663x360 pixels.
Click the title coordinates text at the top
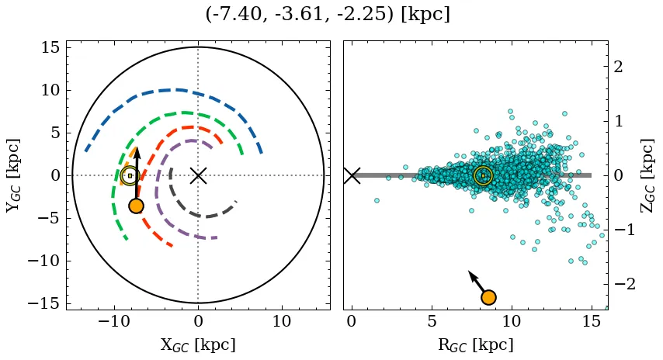[x=328, y=15]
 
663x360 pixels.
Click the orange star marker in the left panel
[x=136, y=206]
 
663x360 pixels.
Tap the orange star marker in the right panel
[x=488, y=297]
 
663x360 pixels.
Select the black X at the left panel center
[x=198, y=175]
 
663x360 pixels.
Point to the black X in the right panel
[x=352, y=175]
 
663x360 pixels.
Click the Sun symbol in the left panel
[x=130, y=175]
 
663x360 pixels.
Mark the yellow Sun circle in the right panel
[x=483, y=175]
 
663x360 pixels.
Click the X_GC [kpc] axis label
[x=198, y=344]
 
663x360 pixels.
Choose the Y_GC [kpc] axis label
[x=13, y=175]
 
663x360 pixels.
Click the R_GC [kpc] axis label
[x=475, y=344]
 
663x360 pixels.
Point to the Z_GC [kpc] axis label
[x=647, y=175]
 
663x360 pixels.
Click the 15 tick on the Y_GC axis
[x=49, y=48]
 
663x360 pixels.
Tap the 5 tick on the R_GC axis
[x=432, y=321]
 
